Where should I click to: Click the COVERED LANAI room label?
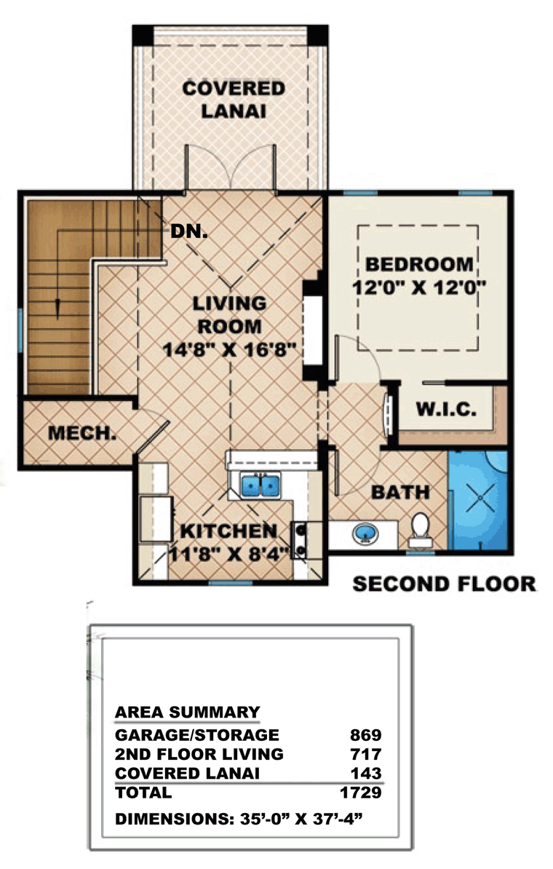(x=234, y=100)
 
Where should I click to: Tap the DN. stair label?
(x=189, y=231)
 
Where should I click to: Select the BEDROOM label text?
(x=419, y=264)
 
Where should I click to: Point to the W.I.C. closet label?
(x=446, y=410)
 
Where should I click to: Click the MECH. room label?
(x=82, y=433)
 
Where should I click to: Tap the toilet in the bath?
(x=420, y=530)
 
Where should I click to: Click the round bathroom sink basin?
(x=366, y=534)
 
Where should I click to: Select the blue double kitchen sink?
(x=260, y=485)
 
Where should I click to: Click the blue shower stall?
(x=477, y=501)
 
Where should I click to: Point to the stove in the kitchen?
(x=300, y=540)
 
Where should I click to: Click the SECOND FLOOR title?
(x=445, y=584)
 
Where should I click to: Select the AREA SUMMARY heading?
(x=187, y=713)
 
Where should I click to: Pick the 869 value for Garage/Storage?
(x=366, y=735)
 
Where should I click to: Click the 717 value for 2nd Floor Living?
(x=366, y=754)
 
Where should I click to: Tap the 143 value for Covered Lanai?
(x=366, y=773)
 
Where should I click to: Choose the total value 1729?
(x=361, y=792)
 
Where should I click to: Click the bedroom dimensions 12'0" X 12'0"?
(x=419, y=287)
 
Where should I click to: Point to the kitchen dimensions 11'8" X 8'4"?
(x=229, y=554)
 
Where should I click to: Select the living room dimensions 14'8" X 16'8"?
(x=229, y=349)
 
